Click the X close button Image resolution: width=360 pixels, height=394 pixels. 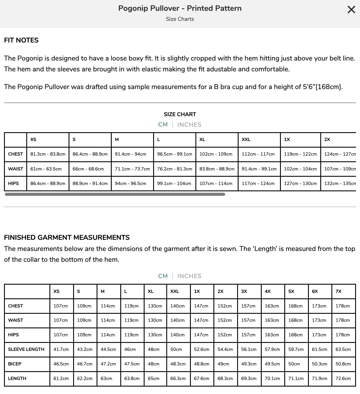351,10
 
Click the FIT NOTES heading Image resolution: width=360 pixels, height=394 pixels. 21,40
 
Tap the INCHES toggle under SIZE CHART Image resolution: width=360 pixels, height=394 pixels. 189,125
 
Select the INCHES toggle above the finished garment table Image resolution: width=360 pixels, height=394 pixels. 189,276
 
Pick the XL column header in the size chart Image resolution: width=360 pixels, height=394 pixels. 202,140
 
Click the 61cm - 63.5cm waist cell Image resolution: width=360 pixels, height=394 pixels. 46,169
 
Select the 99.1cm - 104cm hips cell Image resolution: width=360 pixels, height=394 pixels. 174,183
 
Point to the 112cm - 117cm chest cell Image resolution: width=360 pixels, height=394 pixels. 258,154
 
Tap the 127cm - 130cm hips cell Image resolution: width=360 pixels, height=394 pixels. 300,183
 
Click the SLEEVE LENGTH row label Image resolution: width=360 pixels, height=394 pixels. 26,349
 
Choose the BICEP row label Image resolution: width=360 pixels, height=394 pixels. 15,364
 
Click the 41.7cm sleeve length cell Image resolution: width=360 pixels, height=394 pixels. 61,349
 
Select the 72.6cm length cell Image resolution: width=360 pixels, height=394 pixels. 343,378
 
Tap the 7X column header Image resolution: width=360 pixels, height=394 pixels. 339,291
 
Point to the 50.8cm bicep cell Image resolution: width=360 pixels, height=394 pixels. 343,364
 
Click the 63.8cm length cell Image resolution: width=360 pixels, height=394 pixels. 132,378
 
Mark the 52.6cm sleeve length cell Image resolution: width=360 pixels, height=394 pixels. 202,349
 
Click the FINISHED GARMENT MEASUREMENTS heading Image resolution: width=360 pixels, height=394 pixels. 67,238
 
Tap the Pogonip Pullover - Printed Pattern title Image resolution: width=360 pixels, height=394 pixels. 180,8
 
